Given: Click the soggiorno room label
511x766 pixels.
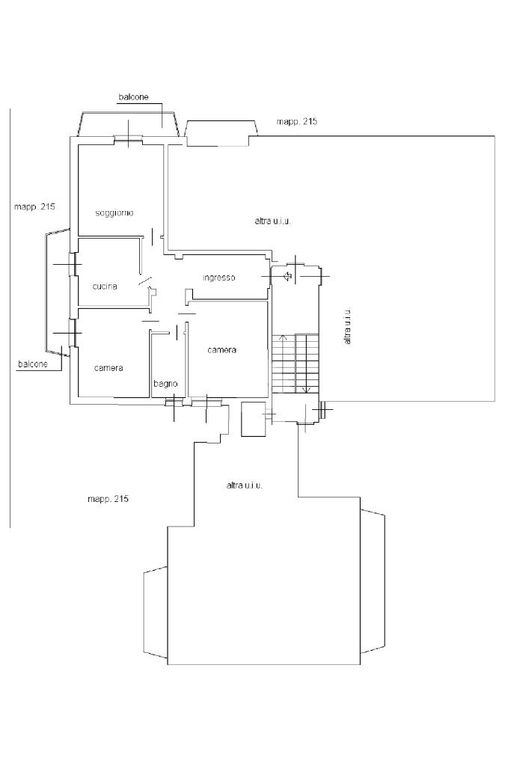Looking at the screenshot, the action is (114, 213).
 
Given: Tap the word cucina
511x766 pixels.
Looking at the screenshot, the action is (105, 287).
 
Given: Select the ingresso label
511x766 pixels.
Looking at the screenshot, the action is (219, 278).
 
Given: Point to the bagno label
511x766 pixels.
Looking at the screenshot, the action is (165, 384).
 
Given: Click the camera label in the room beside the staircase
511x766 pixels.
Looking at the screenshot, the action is (221, 350).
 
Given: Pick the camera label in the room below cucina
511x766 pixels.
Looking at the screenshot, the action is (108, 368).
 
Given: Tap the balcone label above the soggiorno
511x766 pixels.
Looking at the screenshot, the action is (133, 97).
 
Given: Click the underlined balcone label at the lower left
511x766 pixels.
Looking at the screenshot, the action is (33, 364).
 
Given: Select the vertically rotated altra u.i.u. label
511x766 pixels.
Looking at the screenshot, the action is (347, 326).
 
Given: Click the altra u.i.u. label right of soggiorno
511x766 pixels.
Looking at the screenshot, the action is (272, 221).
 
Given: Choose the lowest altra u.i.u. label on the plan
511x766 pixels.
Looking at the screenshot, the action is (244, 485).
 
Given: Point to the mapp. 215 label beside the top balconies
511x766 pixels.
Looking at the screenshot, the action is (297, 122).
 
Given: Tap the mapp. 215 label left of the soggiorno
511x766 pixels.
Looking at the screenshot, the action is (34, 206).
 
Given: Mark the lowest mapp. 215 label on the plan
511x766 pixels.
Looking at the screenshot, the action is (108, 499).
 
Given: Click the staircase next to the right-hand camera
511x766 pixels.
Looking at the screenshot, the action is (295, 364).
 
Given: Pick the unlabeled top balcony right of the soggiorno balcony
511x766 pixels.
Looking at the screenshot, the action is (221, 133).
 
